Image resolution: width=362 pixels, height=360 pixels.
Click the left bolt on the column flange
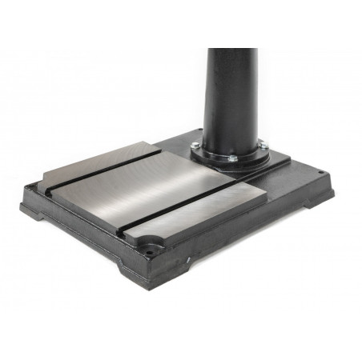click(195, 145)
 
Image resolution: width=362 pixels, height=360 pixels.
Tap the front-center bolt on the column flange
click(231, 158)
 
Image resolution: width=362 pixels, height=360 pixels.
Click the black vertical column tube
click(232, 88)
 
